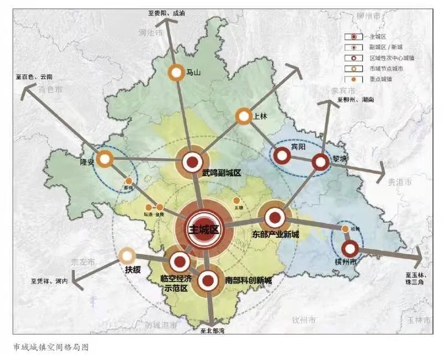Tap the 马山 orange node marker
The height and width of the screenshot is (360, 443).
click(176, 72)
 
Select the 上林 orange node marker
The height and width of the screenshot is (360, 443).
click(244, 116)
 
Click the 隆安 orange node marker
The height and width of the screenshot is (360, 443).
click(104, 159)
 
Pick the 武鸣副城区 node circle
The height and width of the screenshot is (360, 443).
click(192, 162)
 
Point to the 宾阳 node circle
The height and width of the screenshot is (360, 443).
click(282, 156)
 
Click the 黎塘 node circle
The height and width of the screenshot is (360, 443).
click(321, 162)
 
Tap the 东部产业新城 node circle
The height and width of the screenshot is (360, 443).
click(275, 218)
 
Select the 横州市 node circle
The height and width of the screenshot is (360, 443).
click(350, 249)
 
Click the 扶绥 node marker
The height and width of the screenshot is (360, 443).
click(127, 255)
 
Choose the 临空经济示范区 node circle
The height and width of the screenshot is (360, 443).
click(179, 261)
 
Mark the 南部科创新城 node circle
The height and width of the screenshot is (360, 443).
click(208, 281)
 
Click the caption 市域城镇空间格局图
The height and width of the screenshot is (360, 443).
click(50, 347)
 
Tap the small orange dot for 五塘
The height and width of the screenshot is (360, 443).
click(237, 200)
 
